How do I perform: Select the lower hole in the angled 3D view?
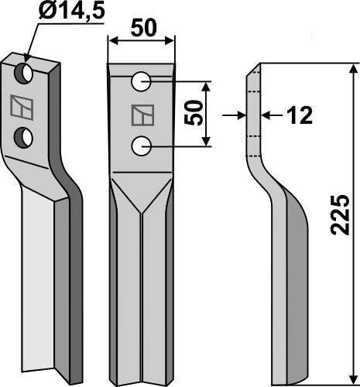[x=26, y=137]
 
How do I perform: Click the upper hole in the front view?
[x=142, y=80]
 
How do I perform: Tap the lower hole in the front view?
[x=141, y=144]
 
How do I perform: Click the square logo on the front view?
[x=142, y=114]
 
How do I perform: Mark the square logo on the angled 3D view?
[x=19, y=105]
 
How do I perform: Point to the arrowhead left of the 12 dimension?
[x=242, y=116]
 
